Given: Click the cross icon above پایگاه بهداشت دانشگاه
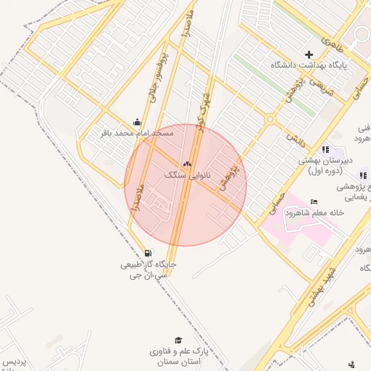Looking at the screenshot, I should click(x=309, y=54).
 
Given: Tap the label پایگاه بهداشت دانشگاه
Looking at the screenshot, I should click(x=309, y=65).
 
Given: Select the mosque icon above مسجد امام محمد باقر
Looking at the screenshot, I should click(x=137, y=122).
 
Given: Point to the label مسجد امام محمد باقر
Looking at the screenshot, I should click(x=137, y=133).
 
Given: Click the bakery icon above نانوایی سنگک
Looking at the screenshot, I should click(x=188, y=164).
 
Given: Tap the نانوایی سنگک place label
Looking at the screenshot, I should click(x=186, y=175).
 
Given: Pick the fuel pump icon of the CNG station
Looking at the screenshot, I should click(x=149, y=253).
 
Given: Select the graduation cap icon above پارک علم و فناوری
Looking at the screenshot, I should click(x=178, y=340).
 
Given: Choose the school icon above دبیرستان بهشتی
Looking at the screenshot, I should click(x=325, y=149).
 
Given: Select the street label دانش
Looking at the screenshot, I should click(x=291, y=133).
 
